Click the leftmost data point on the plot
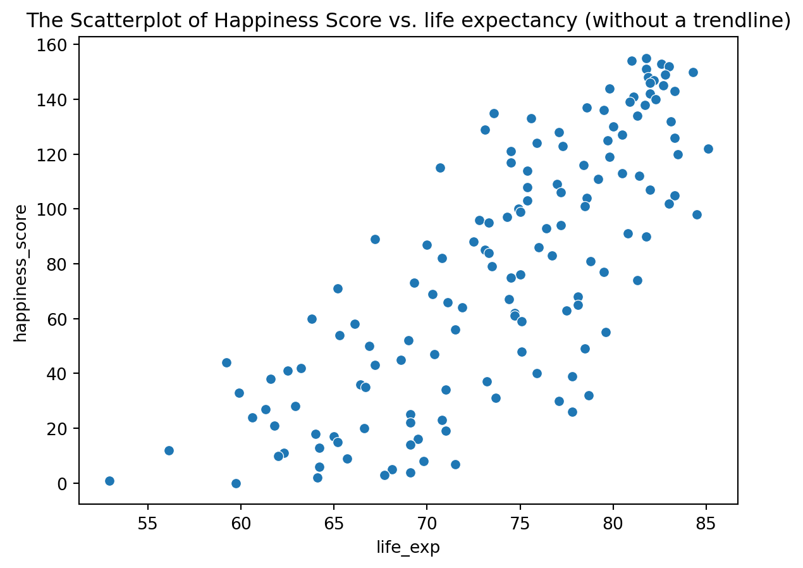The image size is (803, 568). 109,481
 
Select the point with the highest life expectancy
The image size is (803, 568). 708,149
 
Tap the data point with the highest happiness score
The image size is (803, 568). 646,58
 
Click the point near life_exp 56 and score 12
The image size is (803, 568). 169,450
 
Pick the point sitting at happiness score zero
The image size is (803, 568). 236,483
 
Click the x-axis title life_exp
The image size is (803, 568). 408,547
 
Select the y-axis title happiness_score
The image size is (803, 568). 21,273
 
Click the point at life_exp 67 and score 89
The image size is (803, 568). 375,239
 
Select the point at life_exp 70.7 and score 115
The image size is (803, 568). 440,168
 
